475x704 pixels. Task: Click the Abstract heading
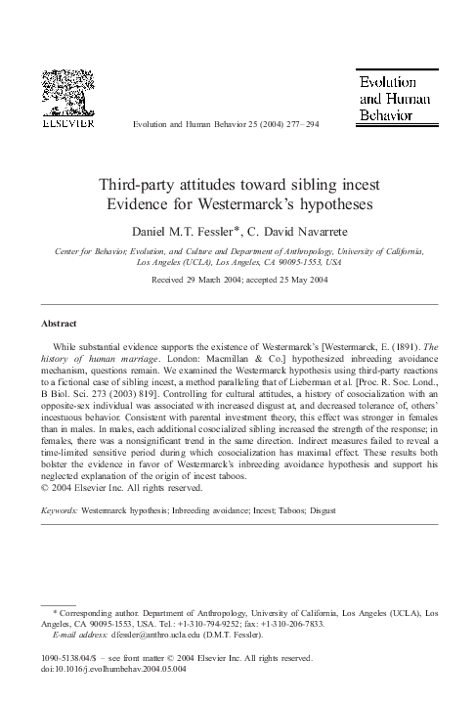(57, 322)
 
